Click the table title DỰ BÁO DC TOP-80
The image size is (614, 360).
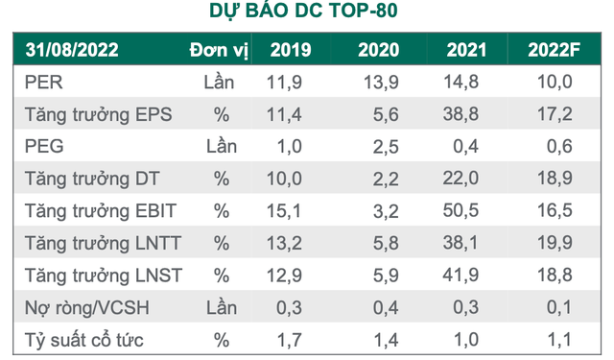(x=305, y=12)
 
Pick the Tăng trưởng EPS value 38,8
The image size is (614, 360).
(x=464, y=115)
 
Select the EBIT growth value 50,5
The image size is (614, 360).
(x=464, y=210)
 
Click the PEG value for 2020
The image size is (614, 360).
(x=377, y=146)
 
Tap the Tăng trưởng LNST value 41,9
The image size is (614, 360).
(x=464, y=275)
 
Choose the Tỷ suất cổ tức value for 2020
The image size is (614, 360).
(x=377, y=339)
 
